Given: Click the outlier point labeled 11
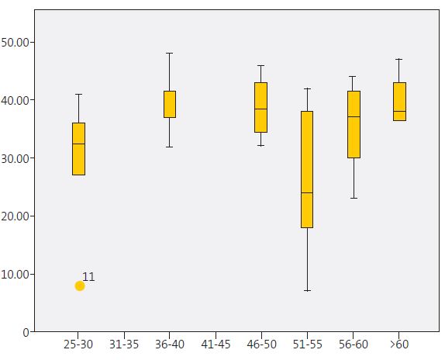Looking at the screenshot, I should coord(80,286).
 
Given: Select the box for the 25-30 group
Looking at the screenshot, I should coord(78,149).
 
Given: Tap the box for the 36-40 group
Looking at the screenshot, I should coord(170,104).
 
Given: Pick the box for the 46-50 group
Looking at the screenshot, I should coord(261,107).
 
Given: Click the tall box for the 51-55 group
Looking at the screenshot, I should coord(307,169).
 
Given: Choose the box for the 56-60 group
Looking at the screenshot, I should coord(354,124).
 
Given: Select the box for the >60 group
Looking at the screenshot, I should coord(399,101).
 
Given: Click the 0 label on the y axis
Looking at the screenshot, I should coord(26,332).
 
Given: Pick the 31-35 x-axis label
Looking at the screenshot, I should coord(124,344).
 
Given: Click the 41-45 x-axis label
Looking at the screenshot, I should coord(216,344).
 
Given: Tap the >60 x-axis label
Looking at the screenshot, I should coord(399,344).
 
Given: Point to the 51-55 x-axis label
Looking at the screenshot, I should coord(307,344).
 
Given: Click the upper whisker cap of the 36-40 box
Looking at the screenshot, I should coord(170,53).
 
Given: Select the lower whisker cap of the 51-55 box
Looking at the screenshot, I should coord(307,290).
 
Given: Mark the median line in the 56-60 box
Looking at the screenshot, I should coord(354,116).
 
